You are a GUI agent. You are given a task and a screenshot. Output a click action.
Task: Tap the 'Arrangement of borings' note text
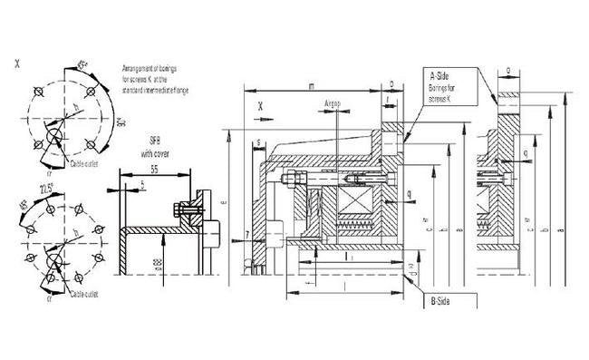(155, 79)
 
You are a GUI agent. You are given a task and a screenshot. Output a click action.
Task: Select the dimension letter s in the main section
(259, 143)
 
